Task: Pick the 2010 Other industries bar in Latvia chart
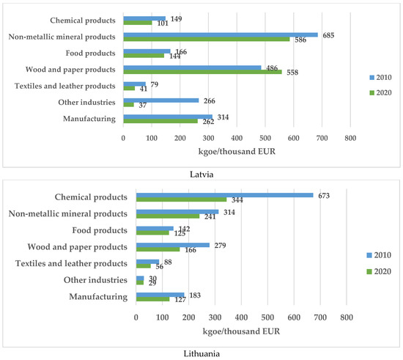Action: pos(161,100)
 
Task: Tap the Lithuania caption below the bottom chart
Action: pos(202,353)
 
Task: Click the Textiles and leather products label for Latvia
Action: pos(71,87)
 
